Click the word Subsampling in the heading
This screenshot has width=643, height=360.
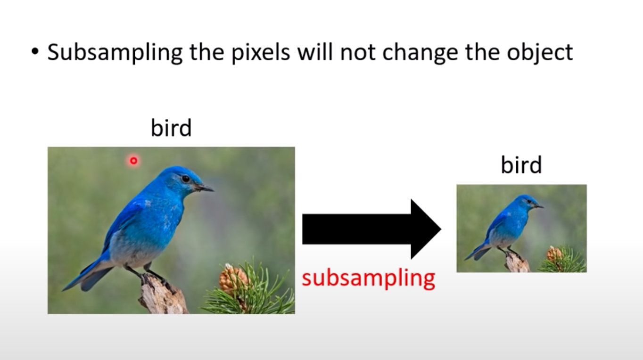click(x=115, y=52)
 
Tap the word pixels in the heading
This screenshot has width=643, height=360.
click(x=261, y=52)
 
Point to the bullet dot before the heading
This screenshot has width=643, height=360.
click(x=35, y=52)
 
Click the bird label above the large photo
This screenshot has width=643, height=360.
click(x=171, y=128)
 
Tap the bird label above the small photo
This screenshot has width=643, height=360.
click(x=521, y=164)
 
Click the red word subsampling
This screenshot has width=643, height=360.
click(x=369, y=278)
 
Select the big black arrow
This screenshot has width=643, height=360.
click(x=372, y=229)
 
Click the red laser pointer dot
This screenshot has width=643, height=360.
click(x=133, y=161)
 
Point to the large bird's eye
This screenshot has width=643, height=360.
click(x=186, y=179)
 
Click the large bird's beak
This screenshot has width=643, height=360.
click(x=204, y=188)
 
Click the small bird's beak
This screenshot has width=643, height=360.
click(x=538, y=205)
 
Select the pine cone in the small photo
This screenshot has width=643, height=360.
click(x=554, y=254)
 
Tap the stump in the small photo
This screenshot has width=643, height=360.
click(x=517, y=263)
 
